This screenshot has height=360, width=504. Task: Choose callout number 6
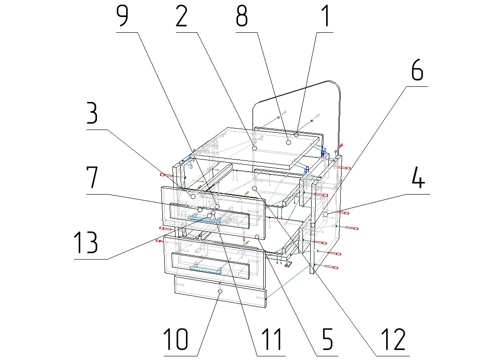click(x=417, y=70)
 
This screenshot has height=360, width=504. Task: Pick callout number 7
click(x=92, y=179)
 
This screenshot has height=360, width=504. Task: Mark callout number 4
click(x=418, y=179)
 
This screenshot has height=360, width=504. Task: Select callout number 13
click(x=86, y=243)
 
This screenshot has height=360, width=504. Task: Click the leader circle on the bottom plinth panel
click(x=220, y=291)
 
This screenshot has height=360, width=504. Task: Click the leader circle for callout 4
click(x=326, y=214)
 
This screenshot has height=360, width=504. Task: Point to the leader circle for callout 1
click(x=296, y=134)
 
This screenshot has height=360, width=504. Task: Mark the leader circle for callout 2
click(x=255, y=148)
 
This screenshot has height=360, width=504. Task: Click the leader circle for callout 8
click(x=288, y=142)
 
